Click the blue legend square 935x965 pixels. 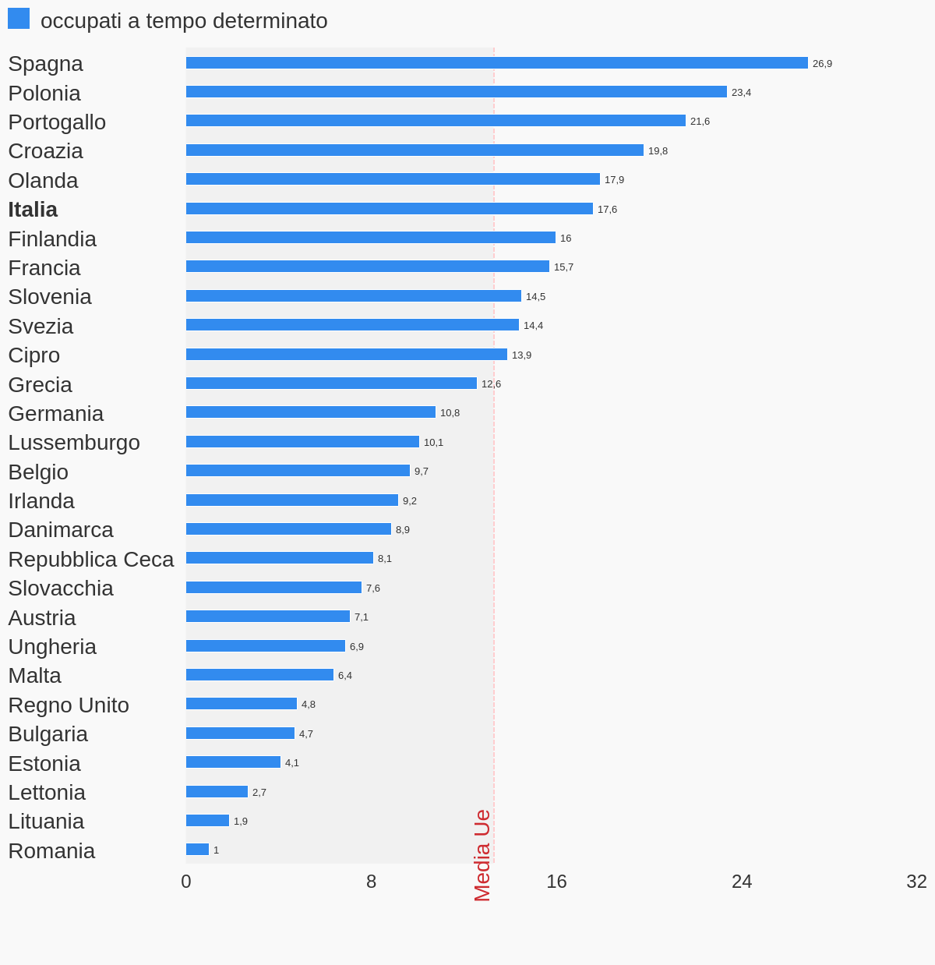(x=19, y=19)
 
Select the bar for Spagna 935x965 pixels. (x=496, y=63)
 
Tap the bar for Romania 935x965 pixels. (x=197, y=850)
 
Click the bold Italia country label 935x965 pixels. (x=33, y=210)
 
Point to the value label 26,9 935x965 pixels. (x=822, y=64)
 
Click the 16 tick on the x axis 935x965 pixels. (x=556, y=882)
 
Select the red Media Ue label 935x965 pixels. (x=482, y=855)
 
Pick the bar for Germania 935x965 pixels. (x=310, y=412)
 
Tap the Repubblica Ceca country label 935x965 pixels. (x=91, y=560)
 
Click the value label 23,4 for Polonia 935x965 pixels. (x=741, y=93)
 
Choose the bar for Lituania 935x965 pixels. (x=207, y=821)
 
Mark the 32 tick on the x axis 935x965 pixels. (x=916, y=882)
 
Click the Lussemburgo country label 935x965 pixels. (x=74, y=443)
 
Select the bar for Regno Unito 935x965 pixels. (x=242, y=704)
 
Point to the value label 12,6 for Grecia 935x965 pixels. (x=491, y=384)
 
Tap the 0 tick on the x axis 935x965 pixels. (x=186, y=882)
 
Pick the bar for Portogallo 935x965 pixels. (x=436, y=121)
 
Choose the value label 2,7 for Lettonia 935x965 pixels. (x=259, y=793)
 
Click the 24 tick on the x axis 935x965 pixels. (x=742, y=882)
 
